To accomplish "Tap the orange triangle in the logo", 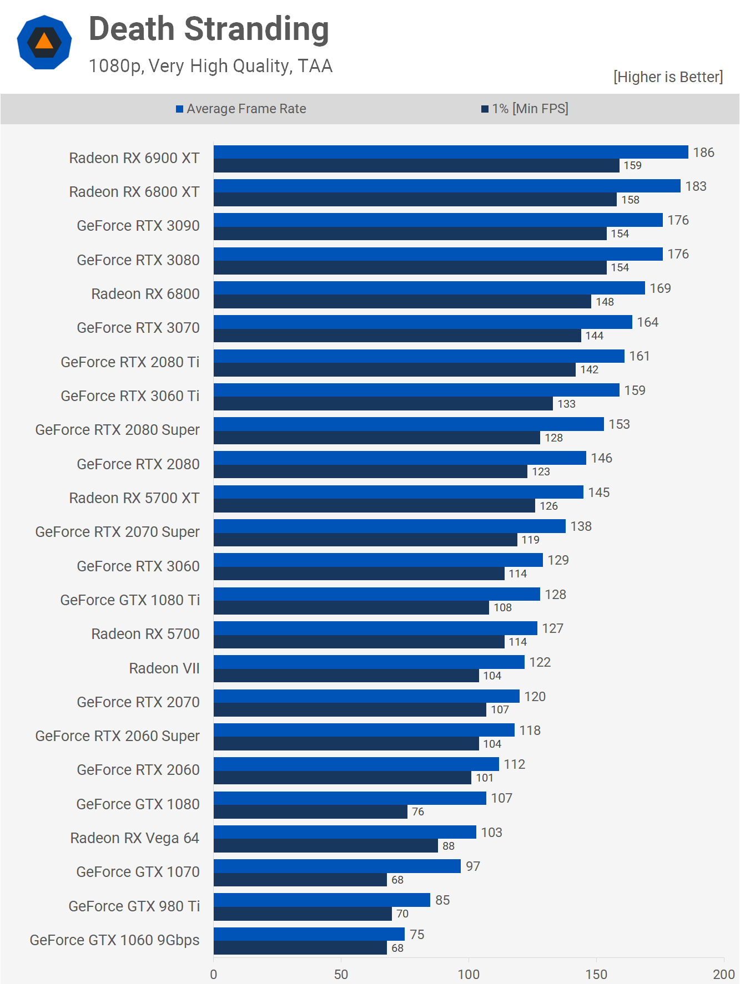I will pyautogui.click(x=44, y=42).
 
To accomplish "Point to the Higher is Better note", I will pyautogui.click(x=668, y=77).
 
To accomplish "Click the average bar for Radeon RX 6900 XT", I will pyautogui.click(x=451, y=152).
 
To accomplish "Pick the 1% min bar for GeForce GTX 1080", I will pyautogui.click(x=310, y=811).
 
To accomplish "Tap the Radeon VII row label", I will pyautogui.click(x=164, y=668).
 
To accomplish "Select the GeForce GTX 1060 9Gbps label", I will pyautogui.click(x=114, y=940).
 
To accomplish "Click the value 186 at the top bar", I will pyautogui.click(x=703, y=153).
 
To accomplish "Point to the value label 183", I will pyautogui.click(x=696, y=186).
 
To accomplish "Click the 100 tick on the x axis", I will pyautogui.click(x=469, y=974).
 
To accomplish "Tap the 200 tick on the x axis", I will pyautogui.click(x=724, y=974).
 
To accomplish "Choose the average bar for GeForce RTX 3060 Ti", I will pyautogui.click(x=416, y=390).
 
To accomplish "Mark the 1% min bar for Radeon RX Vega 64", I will pyautogui.click(x=326, y=845).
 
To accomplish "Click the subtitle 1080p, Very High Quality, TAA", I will pyautogui.click(x=210, y=66).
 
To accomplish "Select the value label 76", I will pyautogui.click(x=418, y=811).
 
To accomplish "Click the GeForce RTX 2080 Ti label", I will pyautogui.click(x=130, y=362).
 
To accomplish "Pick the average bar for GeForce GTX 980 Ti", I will pyautogui.click(x=322, y=900).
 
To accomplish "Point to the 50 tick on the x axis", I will pyautogui.click(x=341, y=974).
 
